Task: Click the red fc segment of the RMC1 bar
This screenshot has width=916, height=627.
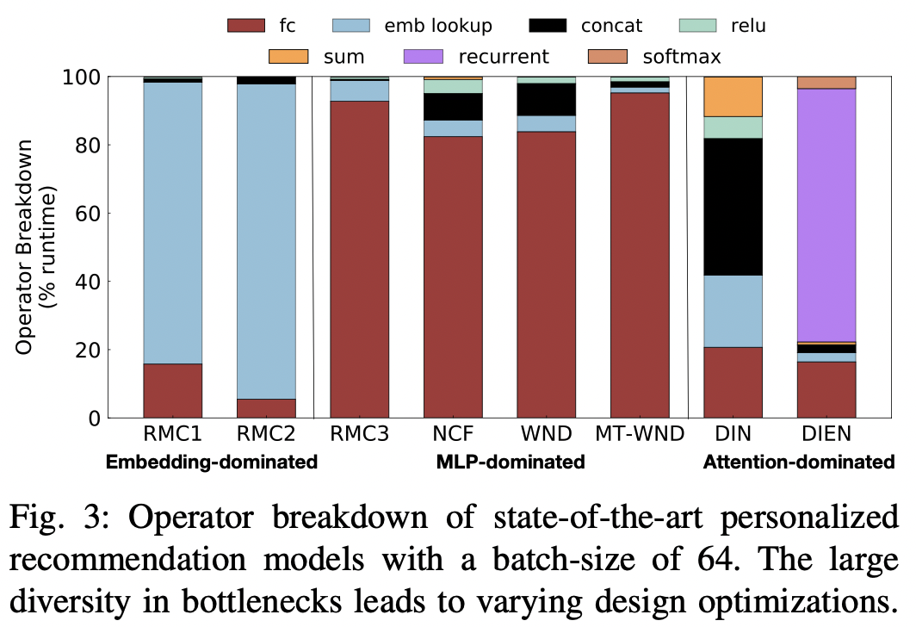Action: pos(172,391)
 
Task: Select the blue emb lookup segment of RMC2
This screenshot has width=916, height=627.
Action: pos(266,241)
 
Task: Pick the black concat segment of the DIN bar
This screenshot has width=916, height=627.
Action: pos(733,207)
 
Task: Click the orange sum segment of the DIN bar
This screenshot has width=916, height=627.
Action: pos(733,96)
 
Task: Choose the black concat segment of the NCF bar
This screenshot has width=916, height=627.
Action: pos(453,107)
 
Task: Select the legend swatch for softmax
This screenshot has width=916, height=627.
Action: pos(610,58)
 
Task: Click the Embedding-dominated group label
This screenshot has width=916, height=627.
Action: pos(212,462)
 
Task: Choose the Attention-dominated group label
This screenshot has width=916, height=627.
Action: pos(799,462)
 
